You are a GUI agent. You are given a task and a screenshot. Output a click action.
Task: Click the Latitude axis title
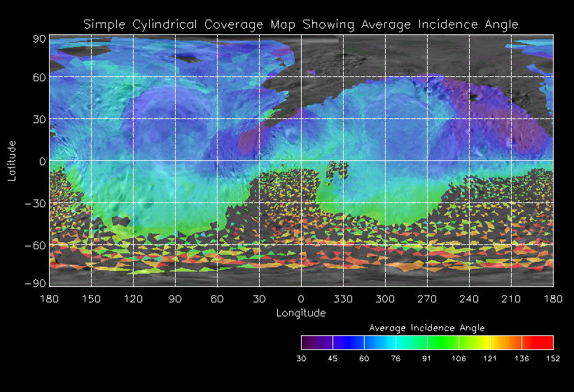[11, 160]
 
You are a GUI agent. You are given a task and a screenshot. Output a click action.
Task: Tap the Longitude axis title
[301, 313]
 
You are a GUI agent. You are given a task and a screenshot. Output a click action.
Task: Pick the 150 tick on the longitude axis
[91, 299]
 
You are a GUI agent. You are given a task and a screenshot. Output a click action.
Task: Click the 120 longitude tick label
[133, 299]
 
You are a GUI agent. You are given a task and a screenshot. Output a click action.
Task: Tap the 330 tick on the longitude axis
[343, 299]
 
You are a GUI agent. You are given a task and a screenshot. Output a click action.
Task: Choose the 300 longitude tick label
[385, 299]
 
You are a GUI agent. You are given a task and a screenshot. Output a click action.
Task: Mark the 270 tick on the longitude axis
[427, 299]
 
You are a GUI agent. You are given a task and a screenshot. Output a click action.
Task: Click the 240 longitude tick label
[469, 299]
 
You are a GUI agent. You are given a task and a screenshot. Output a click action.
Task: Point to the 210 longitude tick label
[511, 299]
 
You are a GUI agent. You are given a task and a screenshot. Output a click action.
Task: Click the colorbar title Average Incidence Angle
[427, 328]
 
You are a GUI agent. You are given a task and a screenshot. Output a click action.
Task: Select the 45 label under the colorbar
[332, 358]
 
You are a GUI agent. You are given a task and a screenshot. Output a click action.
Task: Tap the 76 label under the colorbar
[395, 358]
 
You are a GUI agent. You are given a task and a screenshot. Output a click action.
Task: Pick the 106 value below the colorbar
[458, 358]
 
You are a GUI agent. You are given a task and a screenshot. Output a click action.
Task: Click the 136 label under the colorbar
[521, 358]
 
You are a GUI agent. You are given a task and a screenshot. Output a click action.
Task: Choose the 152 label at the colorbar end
[553, 358]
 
